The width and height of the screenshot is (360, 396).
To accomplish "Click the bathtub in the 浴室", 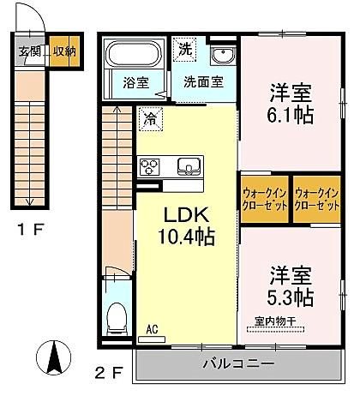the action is [x=134, y=54].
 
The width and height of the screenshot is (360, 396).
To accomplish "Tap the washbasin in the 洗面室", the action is [x=223, y=56].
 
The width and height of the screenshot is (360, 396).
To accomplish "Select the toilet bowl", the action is [x=117, y=319].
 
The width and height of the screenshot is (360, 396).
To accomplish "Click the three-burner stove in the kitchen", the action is [x=148, y=166].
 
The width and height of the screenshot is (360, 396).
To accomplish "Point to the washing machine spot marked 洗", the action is [x=185, y=50].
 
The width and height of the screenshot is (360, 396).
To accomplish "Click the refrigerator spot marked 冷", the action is [x=151, y=119].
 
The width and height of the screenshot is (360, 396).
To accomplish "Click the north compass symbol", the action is [x=54, y=357].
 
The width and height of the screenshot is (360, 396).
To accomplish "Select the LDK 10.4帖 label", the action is [x=187, y=226].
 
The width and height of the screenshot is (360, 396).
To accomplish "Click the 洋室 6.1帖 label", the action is [x=291, y=104].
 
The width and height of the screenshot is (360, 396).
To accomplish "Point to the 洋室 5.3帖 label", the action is [x=291, y=286].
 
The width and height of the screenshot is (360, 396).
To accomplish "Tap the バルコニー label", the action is [x=238, y=364].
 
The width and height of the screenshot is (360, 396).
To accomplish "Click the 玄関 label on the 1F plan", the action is [x=29, y=51].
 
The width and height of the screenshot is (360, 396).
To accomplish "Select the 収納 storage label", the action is [x=65, y=51].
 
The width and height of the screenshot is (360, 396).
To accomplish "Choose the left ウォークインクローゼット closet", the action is [x=265, y=200].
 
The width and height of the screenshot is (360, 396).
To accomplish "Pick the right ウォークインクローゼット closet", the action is [x=317, y=200].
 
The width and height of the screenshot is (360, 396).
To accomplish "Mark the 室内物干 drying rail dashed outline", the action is [x=275, y=329].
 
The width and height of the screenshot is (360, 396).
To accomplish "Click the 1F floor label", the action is [x=31, y=230].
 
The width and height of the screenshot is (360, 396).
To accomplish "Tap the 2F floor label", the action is [x=109, y=373].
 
